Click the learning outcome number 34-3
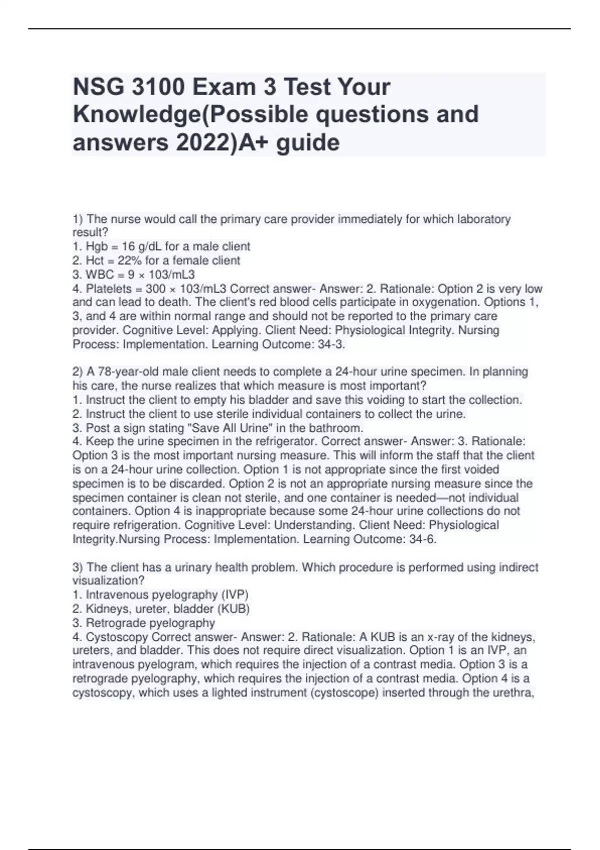coord(331,344)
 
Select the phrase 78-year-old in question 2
coord(114,372)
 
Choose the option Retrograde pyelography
coord(150,623)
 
